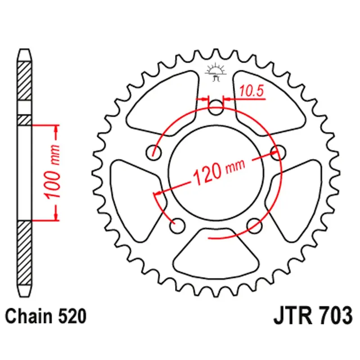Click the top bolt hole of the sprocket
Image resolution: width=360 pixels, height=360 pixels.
pos(216,107)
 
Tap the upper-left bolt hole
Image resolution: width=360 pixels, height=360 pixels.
pos(154,152)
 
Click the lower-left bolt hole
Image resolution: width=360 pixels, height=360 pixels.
pos(178,225)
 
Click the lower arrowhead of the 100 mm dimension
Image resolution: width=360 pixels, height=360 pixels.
pos(56,215)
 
